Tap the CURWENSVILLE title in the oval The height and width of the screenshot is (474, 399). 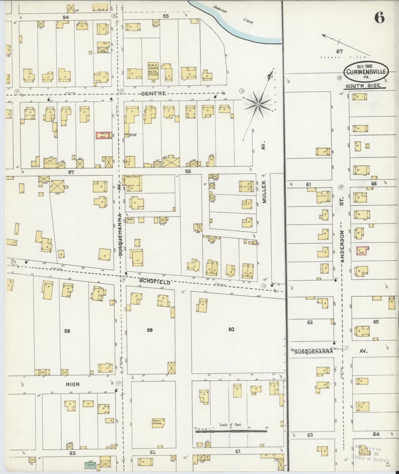366,72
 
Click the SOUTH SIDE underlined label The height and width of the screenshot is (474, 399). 363,86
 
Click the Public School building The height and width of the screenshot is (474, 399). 158,423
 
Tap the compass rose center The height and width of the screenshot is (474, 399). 258,104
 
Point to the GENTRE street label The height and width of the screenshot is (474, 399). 154,93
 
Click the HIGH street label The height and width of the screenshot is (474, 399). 73,384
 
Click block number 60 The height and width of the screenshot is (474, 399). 231,329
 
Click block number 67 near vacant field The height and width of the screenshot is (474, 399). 339,51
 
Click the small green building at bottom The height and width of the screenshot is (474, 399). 89,464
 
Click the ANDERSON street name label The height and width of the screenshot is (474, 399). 342,246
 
